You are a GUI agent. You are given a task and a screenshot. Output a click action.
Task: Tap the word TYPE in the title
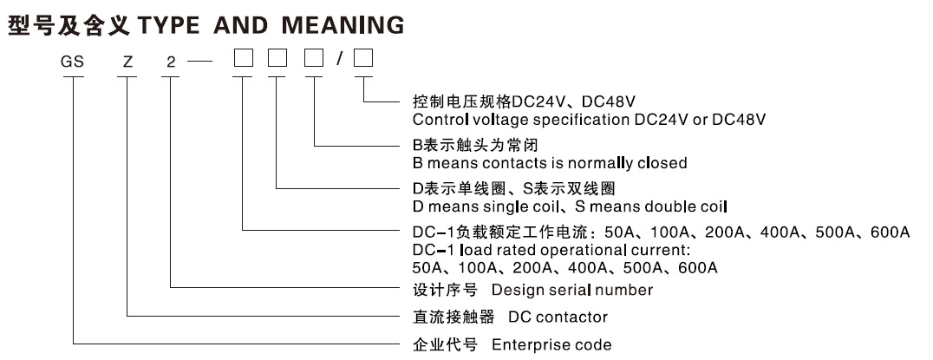click(x=168, y=25)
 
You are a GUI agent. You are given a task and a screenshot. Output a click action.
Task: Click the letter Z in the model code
click(x=128, y=62)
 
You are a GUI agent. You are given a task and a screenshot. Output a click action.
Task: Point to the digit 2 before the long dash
click(x=171, y=62)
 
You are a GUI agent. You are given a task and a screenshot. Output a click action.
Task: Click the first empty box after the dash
click(x=243, y=61)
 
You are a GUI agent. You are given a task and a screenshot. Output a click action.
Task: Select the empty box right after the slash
click(x=363, y=61)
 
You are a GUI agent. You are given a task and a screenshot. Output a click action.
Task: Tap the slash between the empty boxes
click(x=341, y=61)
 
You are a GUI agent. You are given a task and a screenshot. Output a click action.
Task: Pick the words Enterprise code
click(x=551, y=344)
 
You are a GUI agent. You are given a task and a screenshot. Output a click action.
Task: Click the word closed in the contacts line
click(x=664, y=162)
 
